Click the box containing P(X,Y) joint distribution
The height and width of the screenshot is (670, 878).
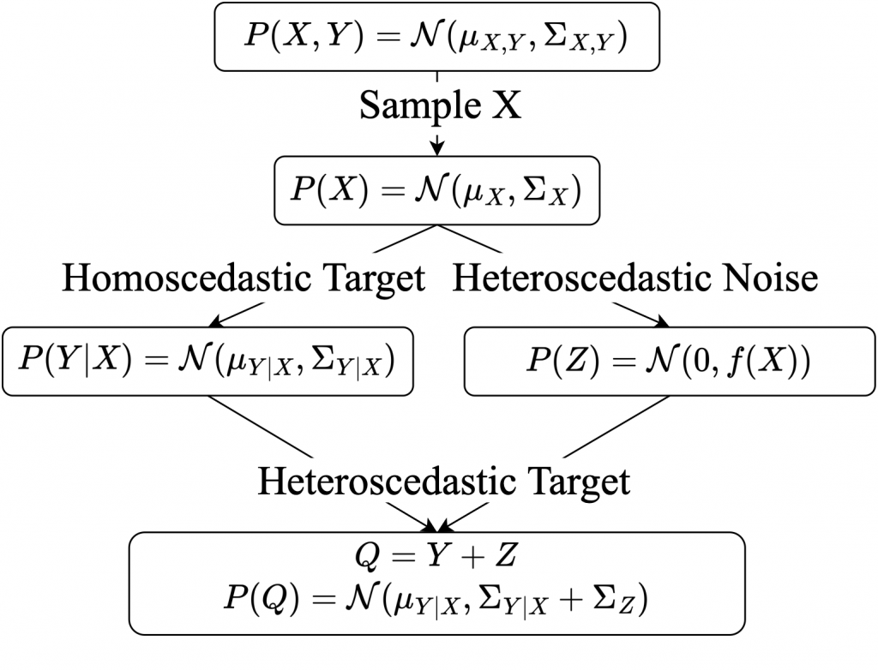438,37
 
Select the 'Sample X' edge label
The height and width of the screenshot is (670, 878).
439,106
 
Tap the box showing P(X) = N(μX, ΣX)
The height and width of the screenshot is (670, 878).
436,190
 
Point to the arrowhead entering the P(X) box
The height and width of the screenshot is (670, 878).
437,149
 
